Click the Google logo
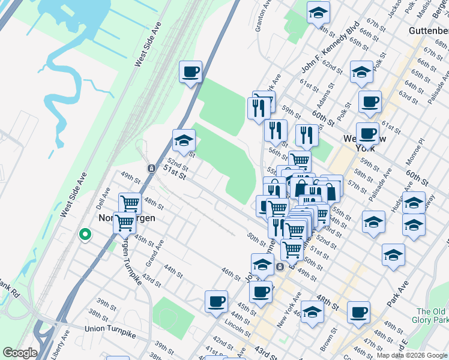click(20, 353)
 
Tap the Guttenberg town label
click(428, 30)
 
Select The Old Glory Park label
click(432, 316)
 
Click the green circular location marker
click(85, 235)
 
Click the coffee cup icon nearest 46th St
click(216, 301)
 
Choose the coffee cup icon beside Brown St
click(358, 311)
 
